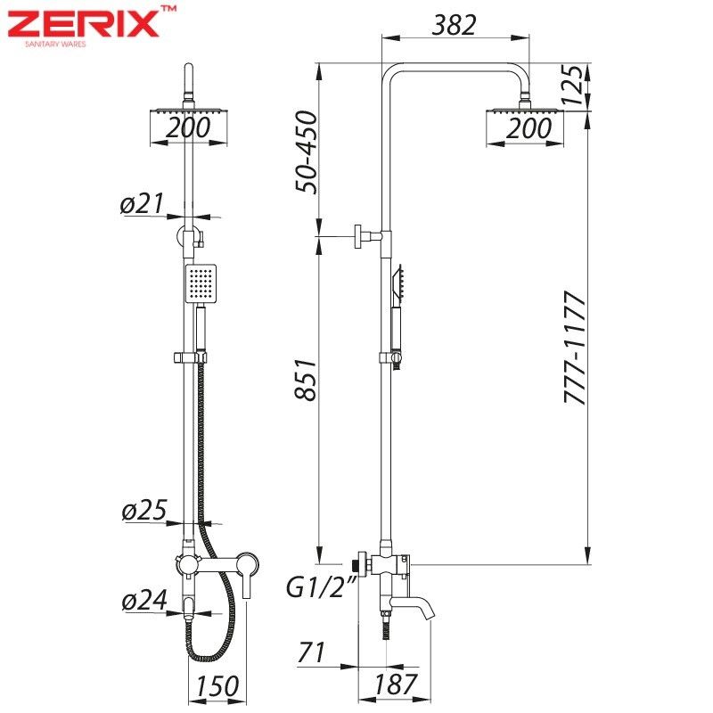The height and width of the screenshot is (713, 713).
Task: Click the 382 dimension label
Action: (455, 25)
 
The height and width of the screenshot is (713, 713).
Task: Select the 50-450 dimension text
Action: (306, 152)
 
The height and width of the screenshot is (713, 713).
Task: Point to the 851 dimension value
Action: (306, 381)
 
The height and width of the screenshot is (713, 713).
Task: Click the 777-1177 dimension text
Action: (575, 348)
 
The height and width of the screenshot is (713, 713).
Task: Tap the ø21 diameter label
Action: (142, 203)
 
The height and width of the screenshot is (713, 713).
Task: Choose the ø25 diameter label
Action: (144, 510)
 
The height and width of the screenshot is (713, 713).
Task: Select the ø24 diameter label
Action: (144, 600)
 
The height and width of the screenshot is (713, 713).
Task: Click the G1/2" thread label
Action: (321, 586)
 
